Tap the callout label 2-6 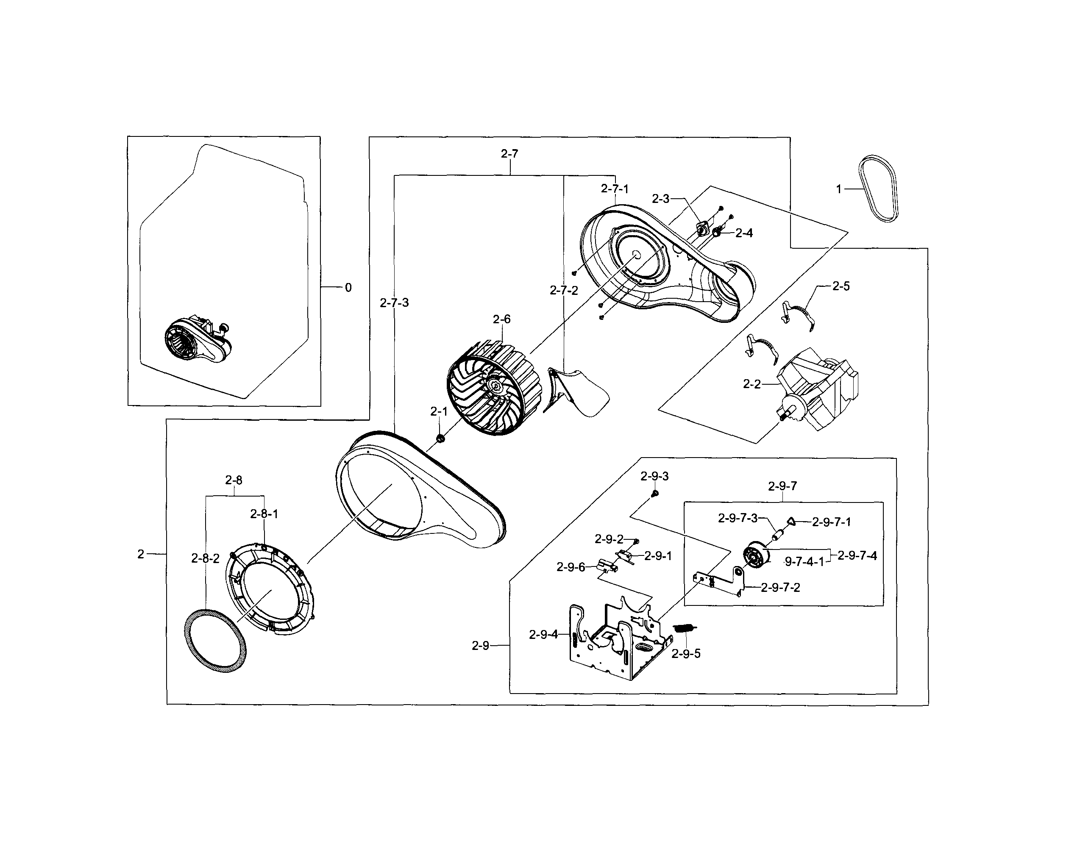(501, 319)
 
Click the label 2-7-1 (615, 189)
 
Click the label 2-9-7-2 (780, 587)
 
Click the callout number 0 (348, 288)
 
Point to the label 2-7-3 (394, 303)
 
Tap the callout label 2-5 (841, 286)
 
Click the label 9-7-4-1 (804, 562)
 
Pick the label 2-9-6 (571, 567)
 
